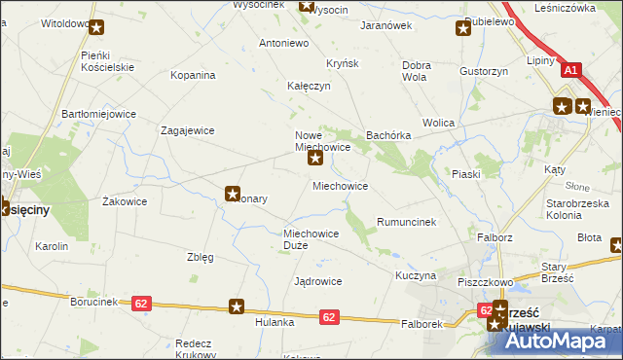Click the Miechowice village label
[340, 185]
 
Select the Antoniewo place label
[283, 43]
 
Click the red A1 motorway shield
[571, 70]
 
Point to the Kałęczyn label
[309, 86]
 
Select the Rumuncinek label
[406, 222]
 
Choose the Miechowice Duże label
[311, 239]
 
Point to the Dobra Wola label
[416, 71]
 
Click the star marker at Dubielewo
[464, 29]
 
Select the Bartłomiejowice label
[98, 114]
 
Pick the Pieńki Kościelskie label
[106, 62]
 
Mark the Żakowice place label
[125, 201]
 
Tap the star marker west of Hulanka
[237, 307]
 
